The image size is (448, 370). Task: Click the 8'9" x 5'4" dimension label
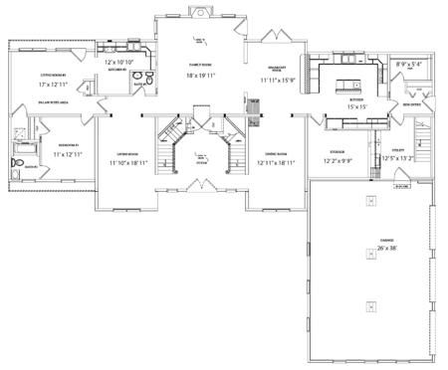408,65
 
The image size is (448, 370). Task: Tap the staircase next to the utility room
421,139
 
